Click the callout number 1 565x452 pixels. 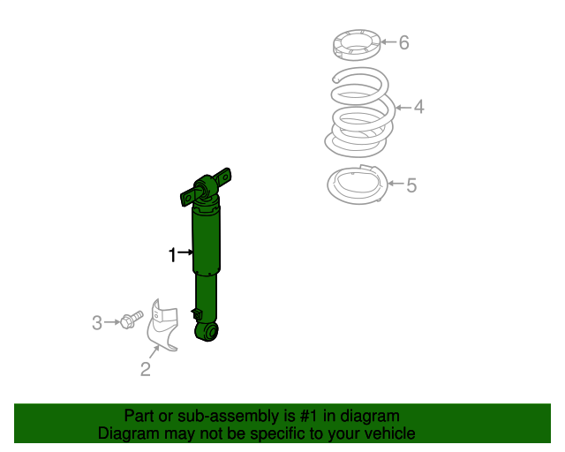pyautogui.click(x=173, y=255)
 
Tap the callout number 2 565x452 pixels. pyautogui.click(x=147, y=369)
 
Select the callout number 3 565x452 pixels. pyautogui.click(x=97, y=323)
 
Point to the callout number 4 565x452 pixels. pyautogui.click(x=418, y=108)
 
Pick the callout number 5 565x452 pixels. pyautogui.click(x=411, y=185)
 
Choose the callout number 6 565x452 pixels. pyautogui.click(x=403, y=42)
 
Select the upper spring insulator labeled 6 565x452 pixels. pyautogui.click(x=357, y=43)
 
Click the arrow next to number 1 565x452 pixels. pyautogui.click(x=185, y=253)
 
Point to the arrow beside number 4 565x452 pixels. pyautogui.click(x=403, y=108)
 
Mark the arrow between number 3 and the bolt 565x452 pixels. pyautogui.click(x=112, y=322)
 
